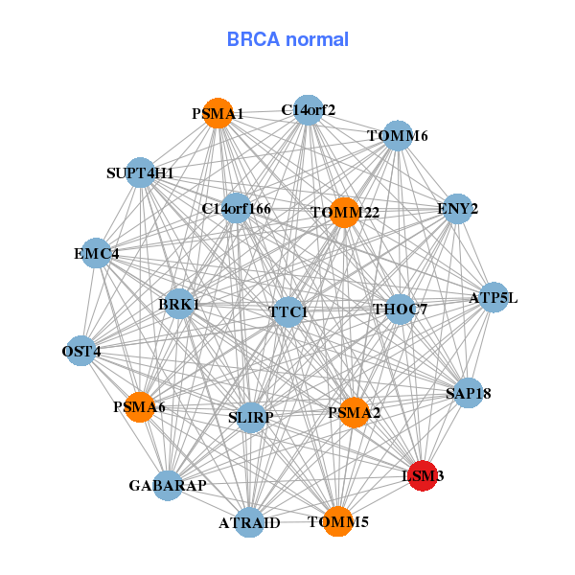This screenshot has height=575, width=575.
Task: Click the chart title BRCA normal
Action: coord(287,39)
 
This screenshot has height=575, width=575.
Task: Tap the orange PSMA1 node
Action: coord(218,113)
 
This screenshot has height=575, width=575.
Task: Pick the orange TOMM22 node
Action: coord(344,212)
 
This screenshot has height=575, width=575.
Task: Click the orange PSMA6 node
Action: coord(140,407)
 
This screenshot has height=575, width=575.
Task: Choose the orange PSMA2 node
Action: coord(354,413)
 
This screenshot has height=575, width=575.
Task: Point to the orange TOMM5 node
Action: coord(337,521)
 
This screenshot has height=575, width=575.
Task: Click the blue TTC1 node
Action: coord(288,311)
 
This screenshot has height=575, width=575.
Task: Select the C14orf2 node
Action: coord(308,109)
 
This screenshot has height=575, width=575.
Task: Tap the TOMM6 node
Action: coord(398,135)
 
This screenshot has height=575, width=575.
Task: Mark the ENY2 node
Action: coord(457,208)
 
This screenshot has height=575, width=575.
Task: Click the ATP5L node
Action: coord(494,297)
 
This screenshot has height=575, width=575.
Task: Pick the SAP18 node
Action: coord(468,393)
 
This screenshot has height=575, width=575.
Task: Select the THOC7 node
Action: coord(400,309)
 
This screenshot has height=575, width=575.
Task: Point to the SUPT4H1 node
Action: coord(141,173)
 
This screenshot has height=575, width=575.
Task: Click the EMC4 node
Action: coord(96,254)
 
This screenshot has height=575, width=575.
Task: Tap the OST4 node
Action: coord(81,352)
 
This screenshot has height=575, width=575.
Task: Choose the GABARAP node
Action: coord(168,486)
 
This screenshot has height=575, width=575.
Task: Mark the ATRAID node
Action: coord(249,522)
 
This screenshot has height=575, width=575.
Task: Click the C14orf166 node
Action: coord(236,208)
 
